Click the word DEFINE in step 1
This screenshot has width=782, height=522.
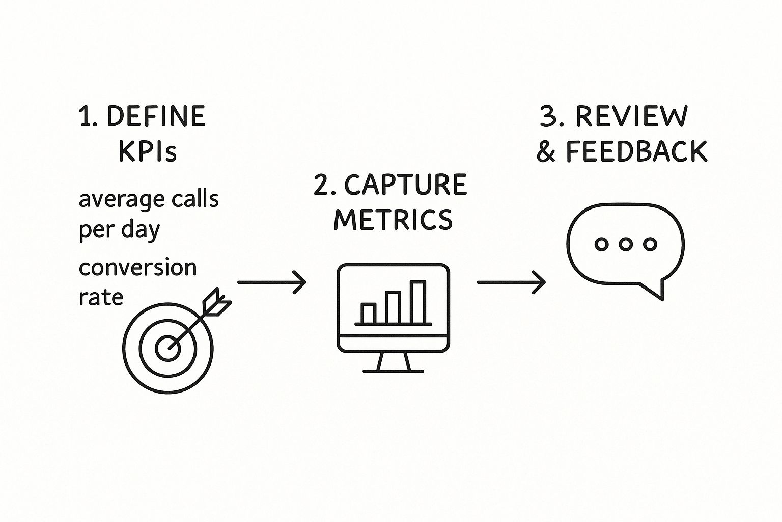[x=156, y=117]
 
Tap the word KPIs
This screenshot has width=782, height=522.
[x=147, y=151]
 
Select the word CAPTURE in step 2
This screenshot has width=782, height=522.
[x=405, y=185]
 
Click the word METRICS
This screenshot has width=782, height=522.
[x=393, y=220]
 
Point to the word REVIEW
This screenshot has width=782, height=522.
[x=631, y=117]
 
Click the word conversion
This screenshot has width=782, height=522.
[x=137, y=268]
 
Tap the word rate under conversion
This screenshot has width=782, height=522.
[x=101, y=297]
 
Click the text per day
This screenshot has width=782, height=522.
[x=119, y=230]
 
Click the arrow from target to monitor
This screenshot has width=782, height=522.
[x=272, y=282]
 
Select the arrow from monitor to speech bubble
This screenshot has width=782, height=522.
[x=511, y=282]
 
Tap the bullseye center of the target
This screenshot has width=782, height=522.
[x=167, y=349]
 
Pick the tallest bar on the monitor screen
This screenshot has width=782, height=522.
[x=417, y=302]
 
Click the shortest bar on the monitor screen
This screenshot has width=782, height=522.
[x=368, y=314]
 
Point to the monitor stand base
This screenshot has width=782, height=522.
[x=393, y=371]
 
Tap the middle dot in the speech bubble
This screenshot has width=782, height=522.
[x=626, y=244]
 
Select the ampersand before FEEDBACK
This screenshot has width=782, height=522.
[x=546, y=152]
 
